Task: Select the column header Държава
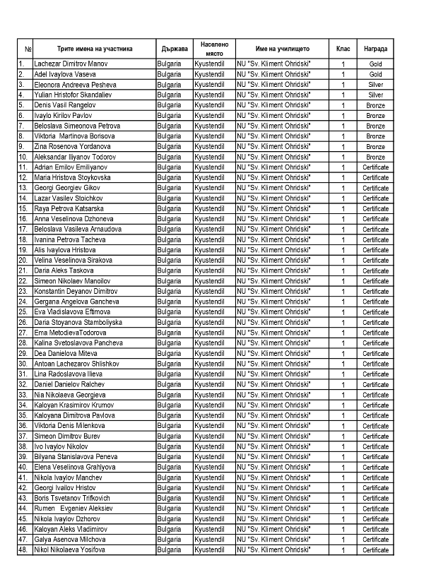pos(174,49)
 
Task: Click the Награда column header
pos(375,49)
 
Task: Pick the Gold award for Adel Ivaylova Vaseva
pos(375,74)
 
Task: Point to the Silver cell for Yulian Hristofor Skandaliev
pos(375,95)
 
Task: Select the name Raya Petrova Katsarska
pos(69,208)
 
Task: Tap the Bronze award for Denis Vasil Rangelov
pos(375,105)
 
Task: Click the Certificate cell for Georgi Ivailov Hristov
pos(375,487)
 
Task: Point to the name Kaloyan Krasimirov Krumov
pos(73,405)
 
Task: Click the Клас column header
pos(343,49)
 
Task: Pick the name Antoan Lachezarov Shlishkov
pos(76,363)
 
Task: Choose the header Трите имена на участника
pos(94,49)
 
